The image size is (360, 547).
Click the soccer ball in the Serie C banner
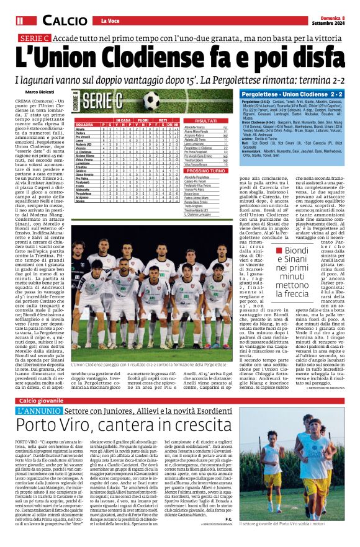tap(151, 99)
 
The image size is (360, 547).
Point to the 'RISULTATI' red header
tap(205, 121)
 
